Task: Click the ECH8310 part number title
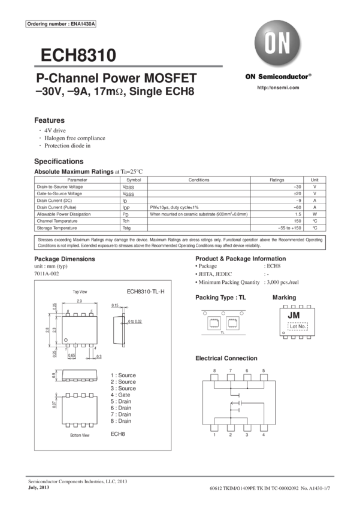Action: (78, 56)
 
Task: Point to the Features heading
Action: (49, 120)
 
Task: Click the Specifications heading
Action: (59, 162)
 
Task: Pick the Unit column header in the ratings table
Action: (315, 179)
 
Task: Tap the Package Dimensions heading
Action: (63, 258)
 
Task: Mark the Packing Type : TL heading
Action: (220, 298)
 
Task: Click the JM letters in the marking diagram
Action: (294, 314)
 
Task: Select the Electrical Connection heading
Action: (226, 358)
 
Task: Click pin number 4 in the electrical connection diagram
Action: (263, 435)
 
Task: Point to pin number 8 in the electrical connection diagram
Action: (214, 371)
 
